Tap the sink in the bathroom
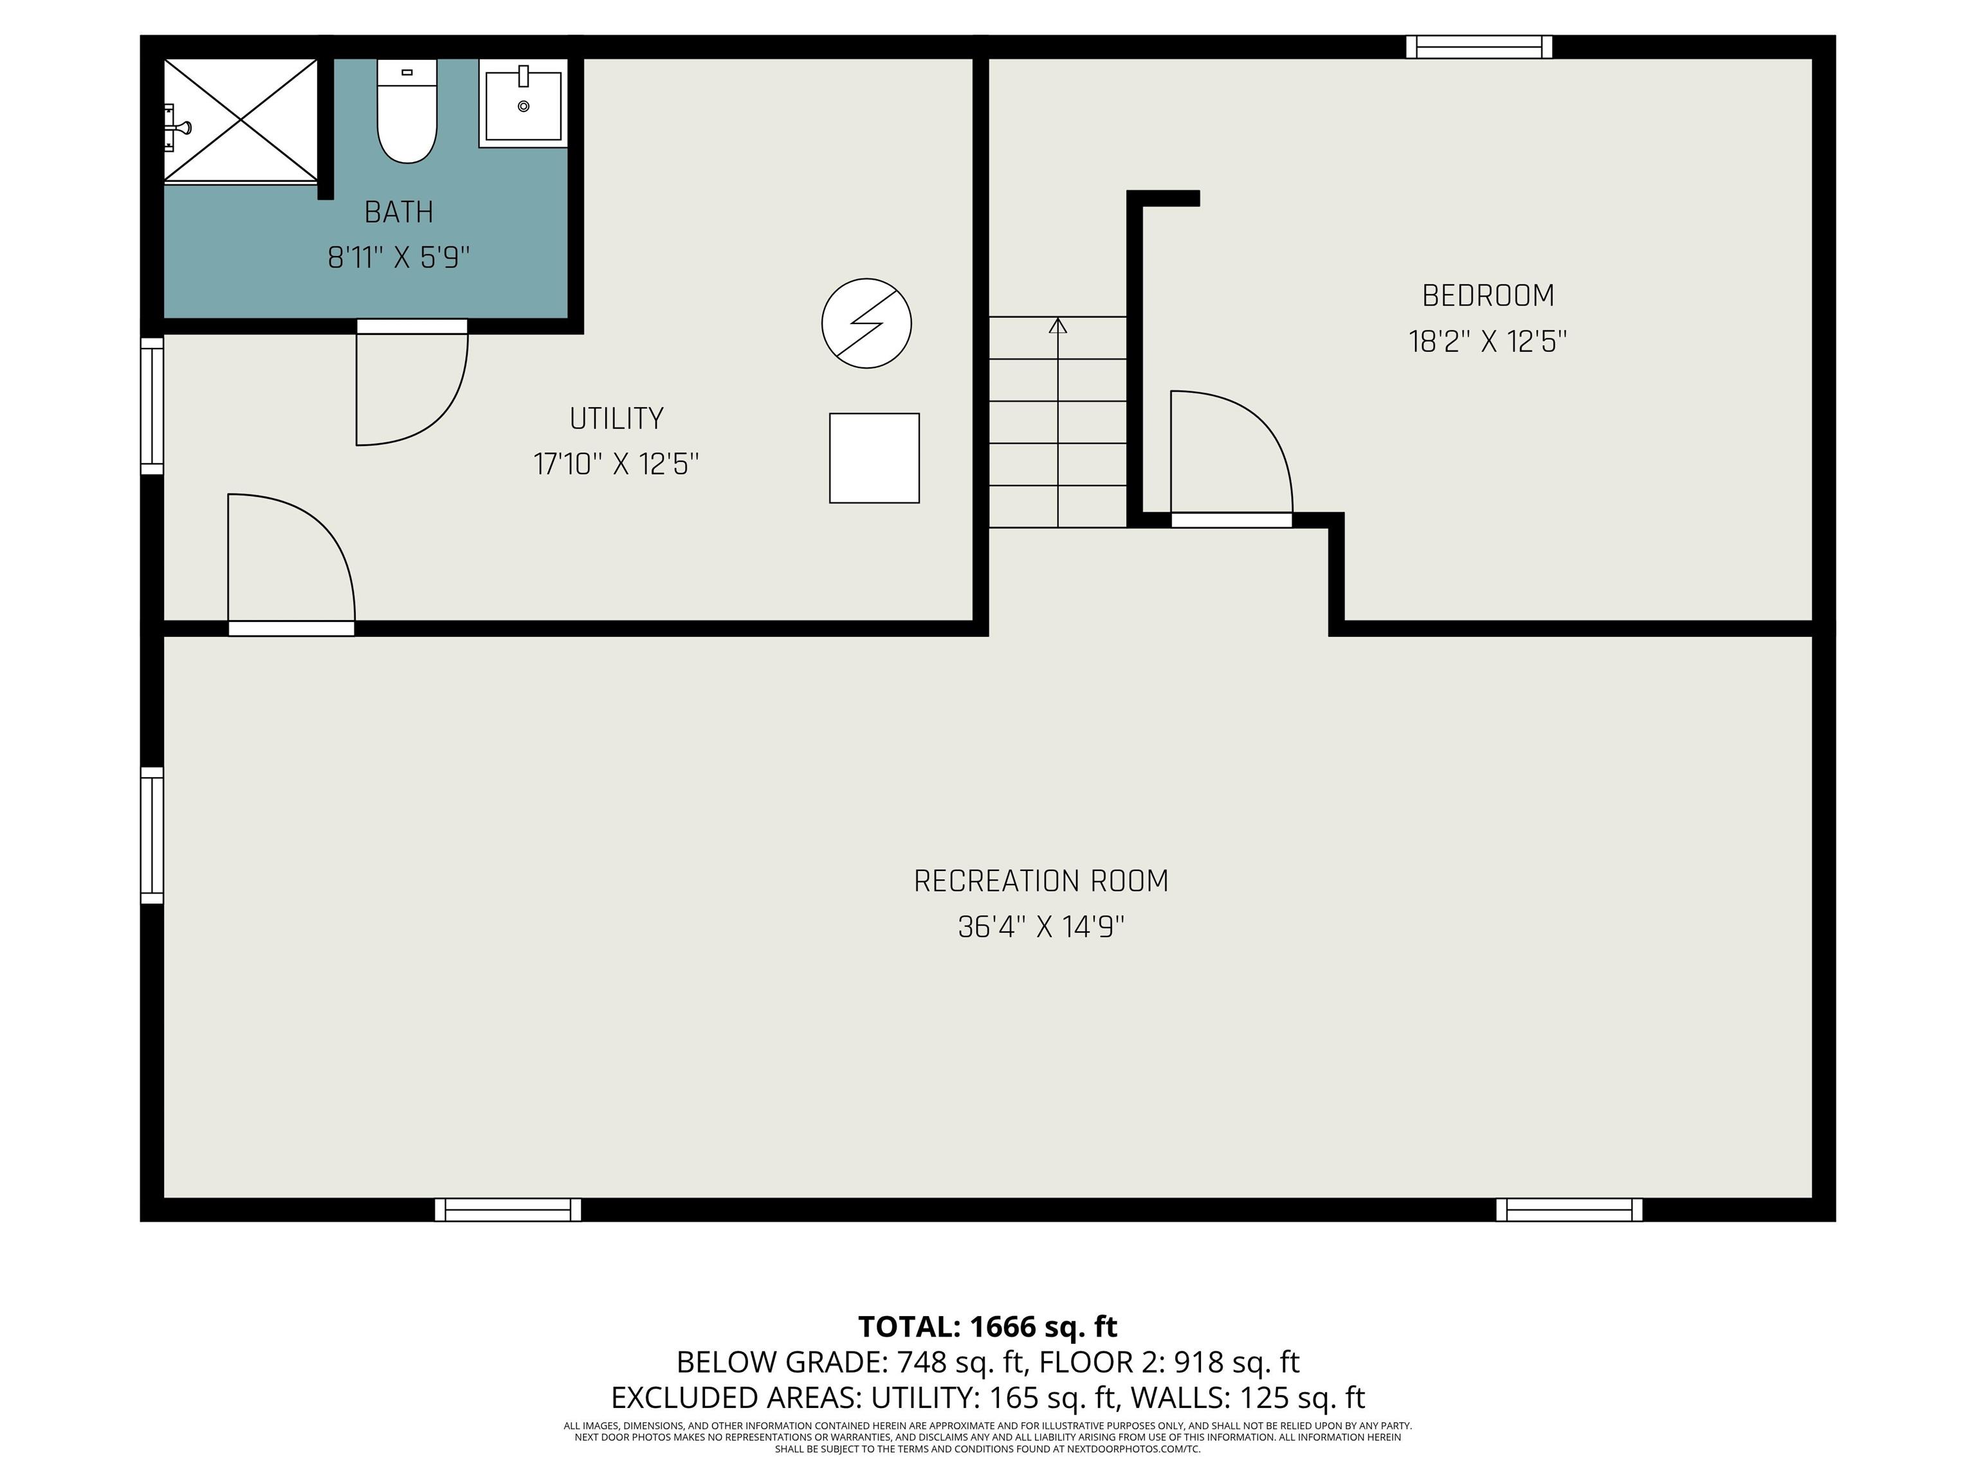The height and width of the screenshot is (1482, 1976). pyautogui.click(x=524, y=103)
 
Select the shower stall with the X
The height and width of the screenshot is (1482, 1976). pyautogui.click(x=241, y=120)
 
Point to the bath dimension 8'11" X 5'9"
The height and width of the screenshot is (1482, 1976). pyautogui.click(x=398, y=257)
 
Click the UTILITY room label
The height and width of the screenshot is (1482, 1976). pyautogui.click(x=616, y=418)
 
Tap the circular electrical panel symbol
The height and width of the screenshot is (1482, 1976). pyautogui.click(x=866, y=324)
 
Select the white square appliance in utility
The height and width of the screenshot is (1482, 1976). pyautogui.click(x=875, y=458)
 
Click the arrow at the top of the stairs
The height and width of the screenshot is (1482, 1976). pyautogui.click(x=1057, y=325)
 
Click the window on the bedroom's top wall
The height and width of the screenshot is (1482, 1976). pyautogui.click(x=1479, y=46)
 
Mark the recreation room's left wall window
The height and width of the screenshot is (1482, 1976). pyautogui.click(x=152, y=836)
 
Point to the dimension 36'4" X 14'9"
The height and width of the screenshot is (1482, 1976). pyautogui.click(x=1041, y=928)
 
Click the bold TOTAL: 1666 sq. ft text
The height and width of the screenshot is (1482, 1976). pyautogui.click(x=988, y=1326)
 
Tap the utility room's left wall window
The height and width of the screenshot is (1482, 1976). pyautogui.click(x=152, y=406)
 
